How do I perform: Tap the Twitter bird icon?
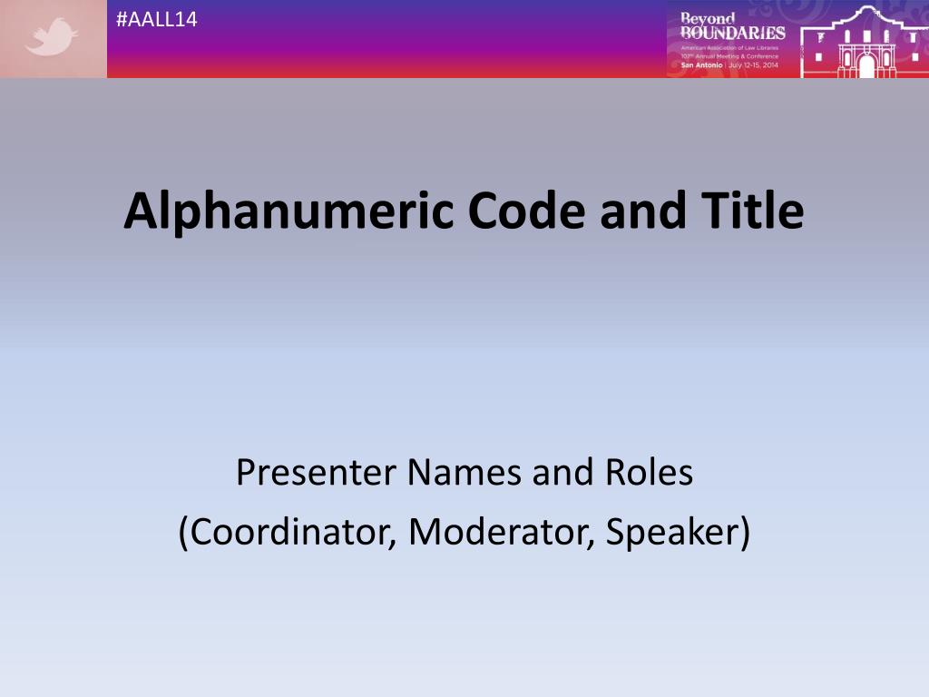coord(52,39)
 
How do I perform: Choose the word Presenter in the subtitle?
coord(316,473)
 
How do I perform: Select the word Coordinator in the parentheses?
coord(286,532)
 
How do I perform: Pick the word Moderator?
coord(495,532)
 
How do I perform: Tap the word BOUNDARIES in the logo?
coord(732,34)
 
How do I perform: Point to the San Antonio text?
coord(701,65)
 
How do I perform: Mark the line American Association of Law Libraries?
coord(729,47)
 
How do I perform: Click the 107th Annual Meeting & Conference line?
coord(729,56)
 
